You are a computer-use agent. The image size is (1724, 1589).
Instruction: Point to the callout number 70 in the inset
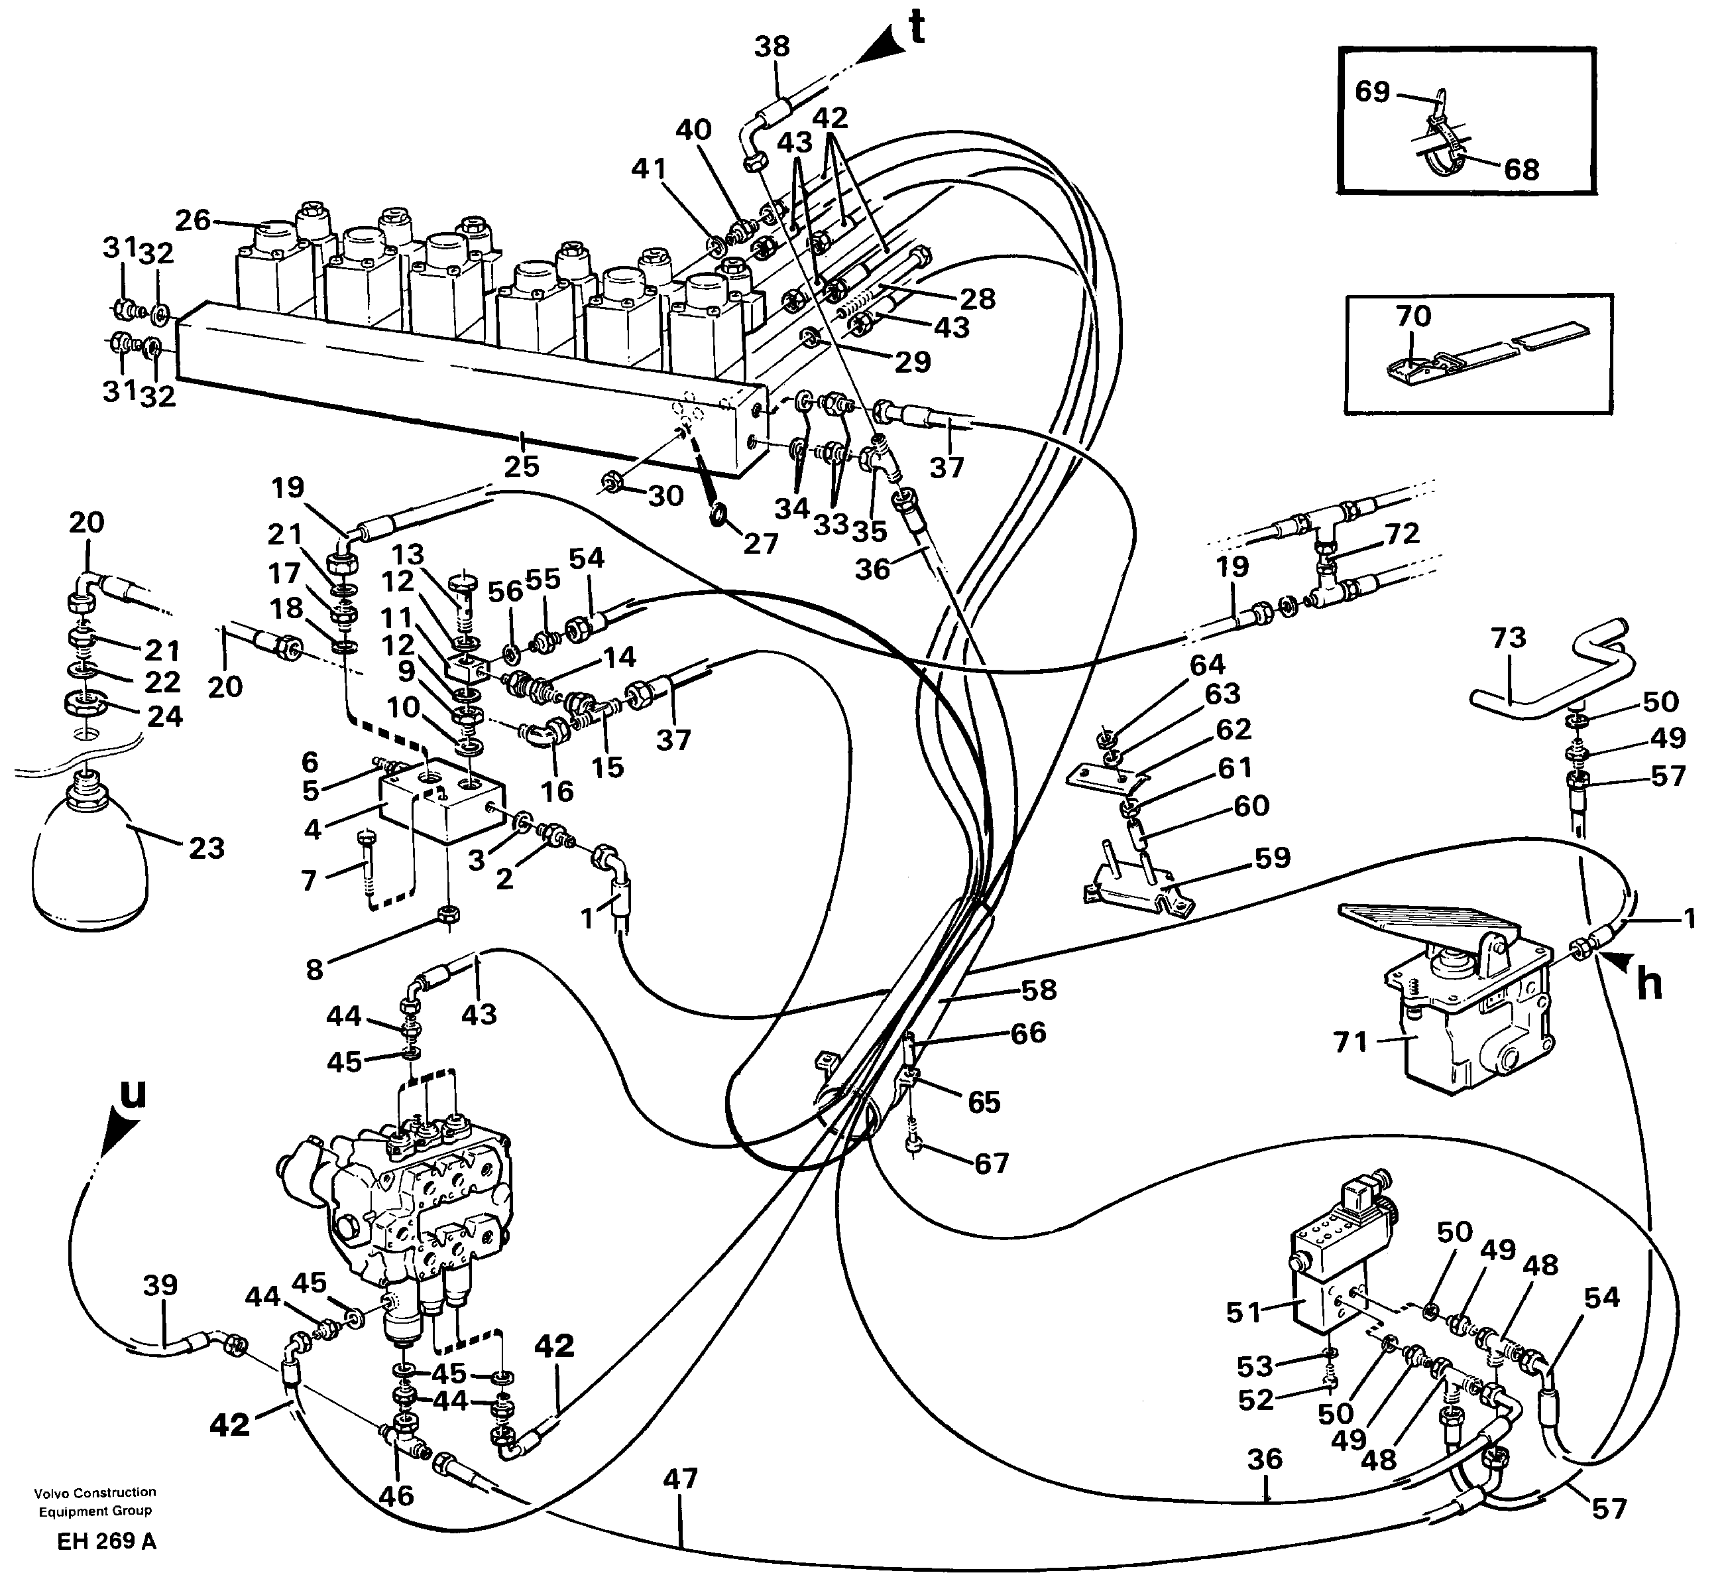tap(1413, 316)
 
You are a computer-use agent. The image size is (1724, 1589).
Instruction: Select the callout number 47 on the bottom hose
tap(680, 1479)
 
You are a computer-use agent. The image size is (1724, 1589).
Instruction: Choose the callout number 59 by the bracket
tap(1273, 858)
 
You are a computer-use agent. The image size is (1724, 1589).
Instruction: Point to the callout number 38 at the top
tap(772, 46)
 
